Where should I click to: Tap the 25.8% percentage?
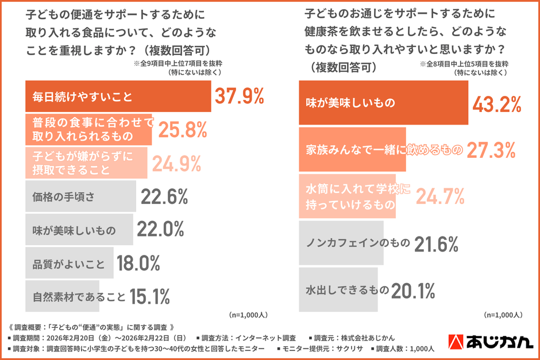182,130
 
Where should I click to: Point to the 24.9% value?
176,164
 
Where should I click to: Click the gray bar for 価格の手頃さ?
80,197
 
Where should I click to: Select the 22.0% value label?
160,230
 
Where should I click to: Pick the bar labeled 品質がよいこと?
69,264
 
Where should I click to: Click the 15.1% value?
149,296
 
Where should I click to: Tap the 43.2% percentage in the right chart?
496,103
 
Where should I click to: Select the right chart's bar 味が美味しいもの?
384,103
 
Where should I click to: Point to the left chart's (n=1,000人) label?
248,315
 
